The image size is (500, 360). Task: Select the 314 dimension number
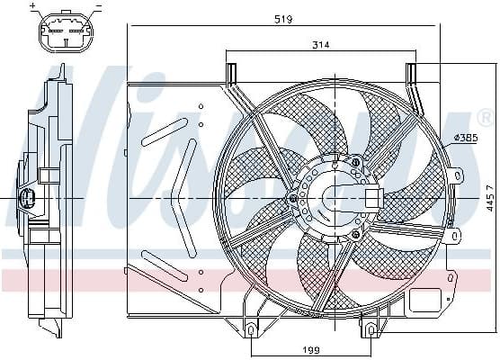pyautogui.click(x=322, y=45)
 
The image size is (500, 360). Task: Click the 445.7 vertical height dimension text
pyautogui.click(x=490, y=197)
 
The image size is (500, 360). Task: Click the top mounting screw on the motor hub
pyautogui.click(x=356, y=162)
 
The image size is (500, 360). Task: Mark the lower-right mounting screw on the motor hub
pyautogui.click(x=357, y=234)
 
